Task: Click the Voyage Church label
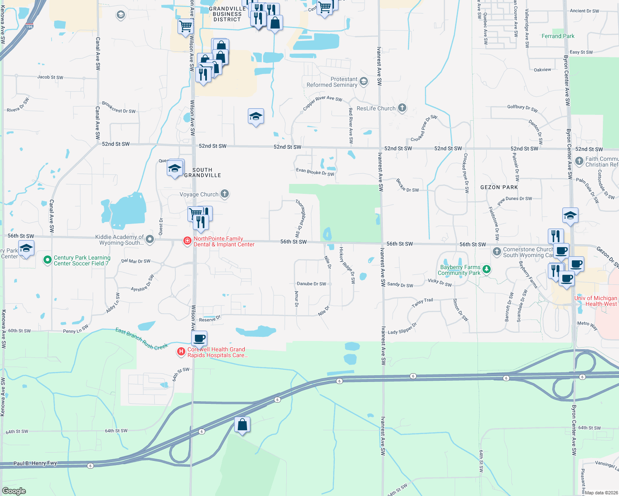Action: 199,194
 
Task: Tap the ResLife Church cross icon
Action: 402,108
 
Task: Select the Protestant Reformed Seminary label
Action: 332,82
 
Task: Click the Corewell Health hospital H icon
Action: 181,352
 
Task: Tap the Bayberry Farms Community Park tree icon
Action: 487,270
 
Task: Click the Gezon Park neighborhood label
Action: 499,187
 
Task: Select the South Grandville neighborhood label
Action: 202,172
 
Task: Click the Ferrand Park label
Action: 558,36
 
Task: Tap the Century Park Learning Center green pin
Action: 48,260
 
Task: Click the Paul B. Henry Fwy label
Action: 35,463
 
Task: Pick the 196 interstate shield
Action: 29,26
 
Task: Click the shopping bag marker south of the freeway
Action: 242,425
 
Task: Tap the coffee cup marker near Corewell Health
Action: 199,339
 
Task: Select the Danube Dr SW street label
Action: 311,284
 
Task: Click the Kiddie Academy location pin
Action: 150,239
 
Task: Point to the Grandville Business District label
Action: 227,14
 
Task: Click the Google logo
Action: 14,491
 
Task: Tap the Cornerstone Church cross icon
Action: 497,251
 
